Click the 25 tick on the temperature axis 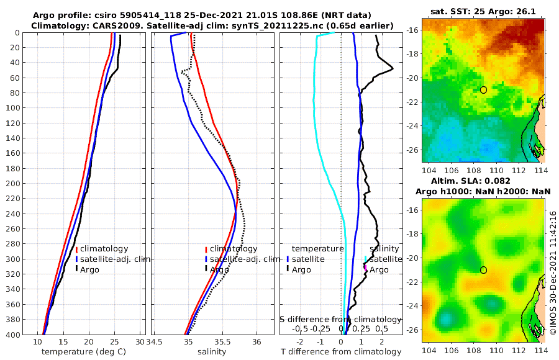point(114,342)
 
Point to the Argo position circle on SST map point(483,89)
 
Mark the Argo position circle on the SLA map point(483,269)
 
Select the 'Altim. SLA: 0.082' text point(482,180)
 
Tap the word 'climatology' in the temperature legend point(106,248)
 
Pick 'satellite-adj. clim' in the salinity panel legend point(244,259)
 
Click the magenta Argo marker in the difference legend point(366,269)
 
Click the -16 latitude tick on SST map point(413,30)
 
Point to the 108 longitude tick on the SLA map point(467,351)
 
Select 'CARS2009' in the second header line point(98,25)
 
